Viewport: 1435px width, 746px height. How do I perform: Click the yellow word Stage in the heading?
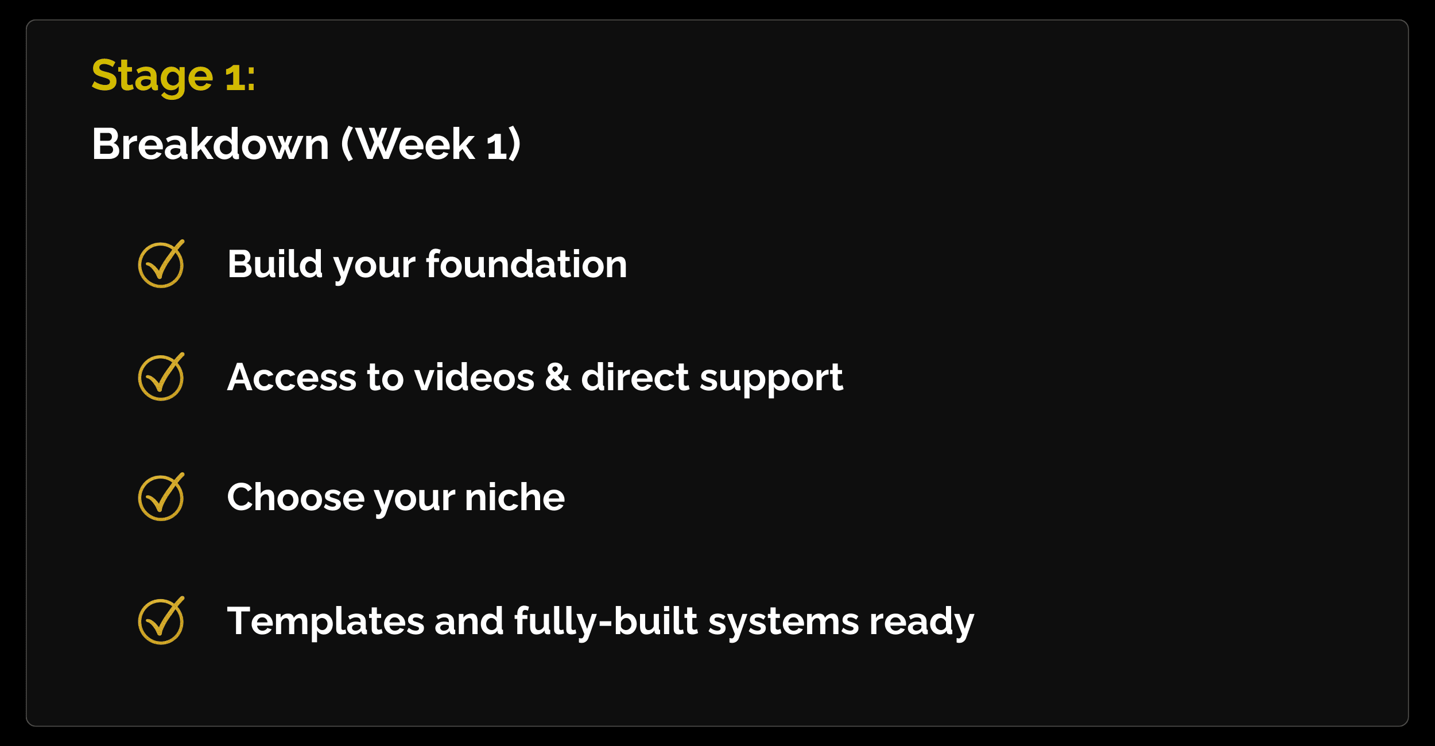[152, 77]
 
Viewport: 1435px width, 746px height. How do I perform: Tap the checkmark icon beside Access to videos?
[161, 376]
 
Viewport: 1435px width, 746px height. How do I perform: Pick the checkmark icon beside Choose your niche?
[161, 496]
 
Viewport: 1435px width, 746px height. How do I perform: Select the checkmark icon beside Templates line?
[161, 620]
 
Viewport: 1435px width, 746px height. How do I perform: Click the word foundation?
[526, 264]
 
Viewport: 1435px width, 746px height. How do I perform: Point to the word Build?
[275, 264]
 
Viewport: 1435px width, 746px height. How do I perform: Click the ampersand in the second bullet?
[557, 378]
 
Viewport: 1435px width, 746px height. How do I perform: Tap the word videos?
[474, 378]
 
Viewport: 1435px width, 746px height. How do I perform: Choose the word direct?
[635, 377]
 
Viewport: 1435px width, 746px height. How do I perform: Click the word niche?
[515, 497]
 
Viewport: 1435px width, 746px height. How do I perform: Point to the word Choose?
[296, 497]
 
